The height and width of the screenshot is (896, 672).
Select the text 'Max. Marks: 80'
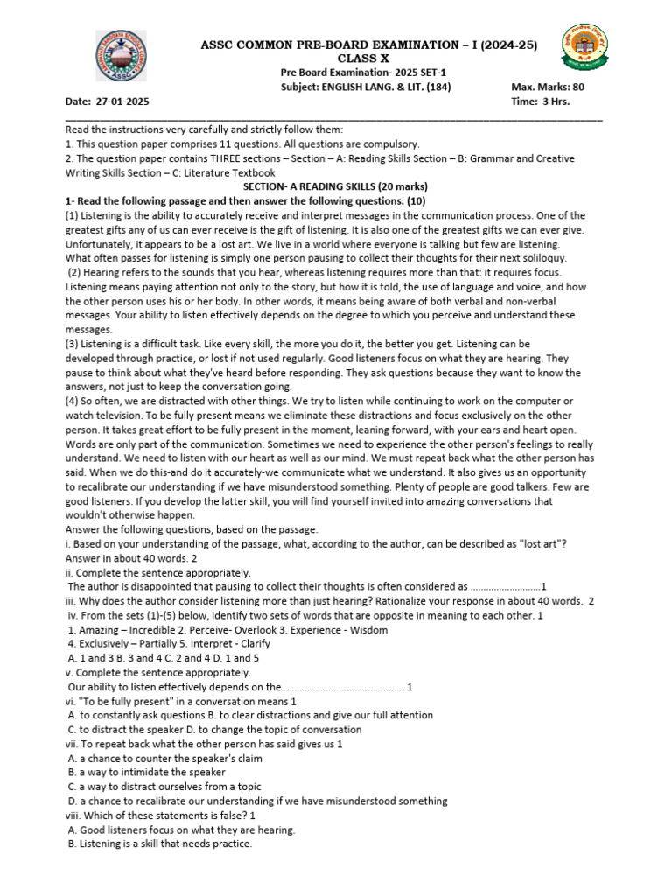pyautogui.click(x=548, y=87)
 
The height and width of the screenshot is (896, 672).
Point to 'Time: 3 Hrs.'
pyautogui.click(x=540, y=101)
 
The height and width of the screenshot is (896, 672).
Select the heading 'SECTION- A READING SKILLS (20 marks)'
pyautogui.click(x=335, y=186)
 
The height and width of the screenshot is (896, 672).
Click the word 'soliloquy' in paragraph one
pyautogui.click(x=539, y=258)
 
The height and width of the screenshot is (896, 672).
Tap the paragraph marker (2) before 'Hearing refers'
pyautogui.click(x=76, y=272)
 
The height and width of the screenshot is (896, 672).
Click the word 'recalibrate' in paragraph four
pyautogui.click(x=104, y=486)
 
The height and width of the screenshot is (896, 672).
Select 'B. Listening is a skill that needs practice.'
pyautogui.click(x=159, y=843)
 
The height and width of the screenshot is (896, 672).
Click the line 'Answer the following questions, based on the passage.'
pyautogui.click(x=192, y=529)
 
